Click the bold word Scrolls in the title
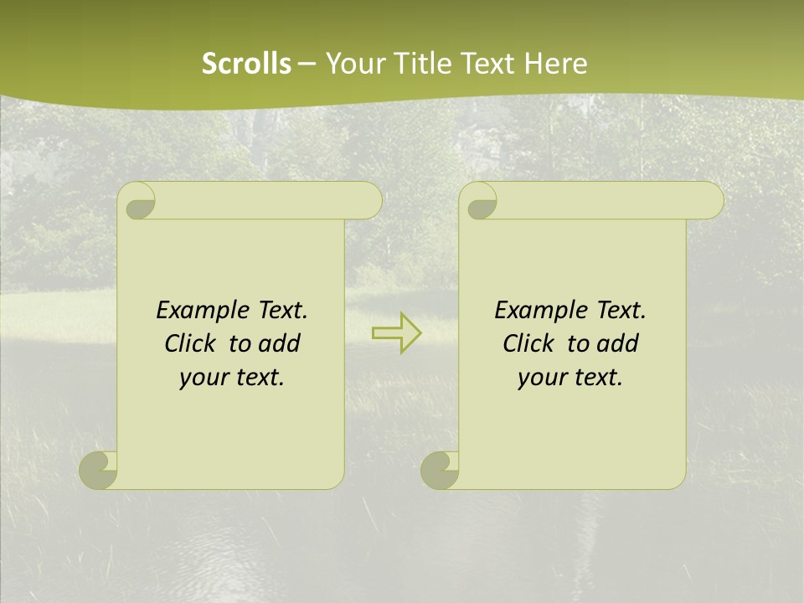[246, 64]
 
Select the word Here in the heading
[555, 64]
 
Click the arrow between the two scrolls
[396, 332]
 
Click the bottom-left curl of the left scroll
[99, 470]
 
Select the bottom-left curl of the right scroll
[441, 470]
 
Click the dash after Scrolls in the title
[307, 64]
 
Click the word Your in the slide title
[355, 64]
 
